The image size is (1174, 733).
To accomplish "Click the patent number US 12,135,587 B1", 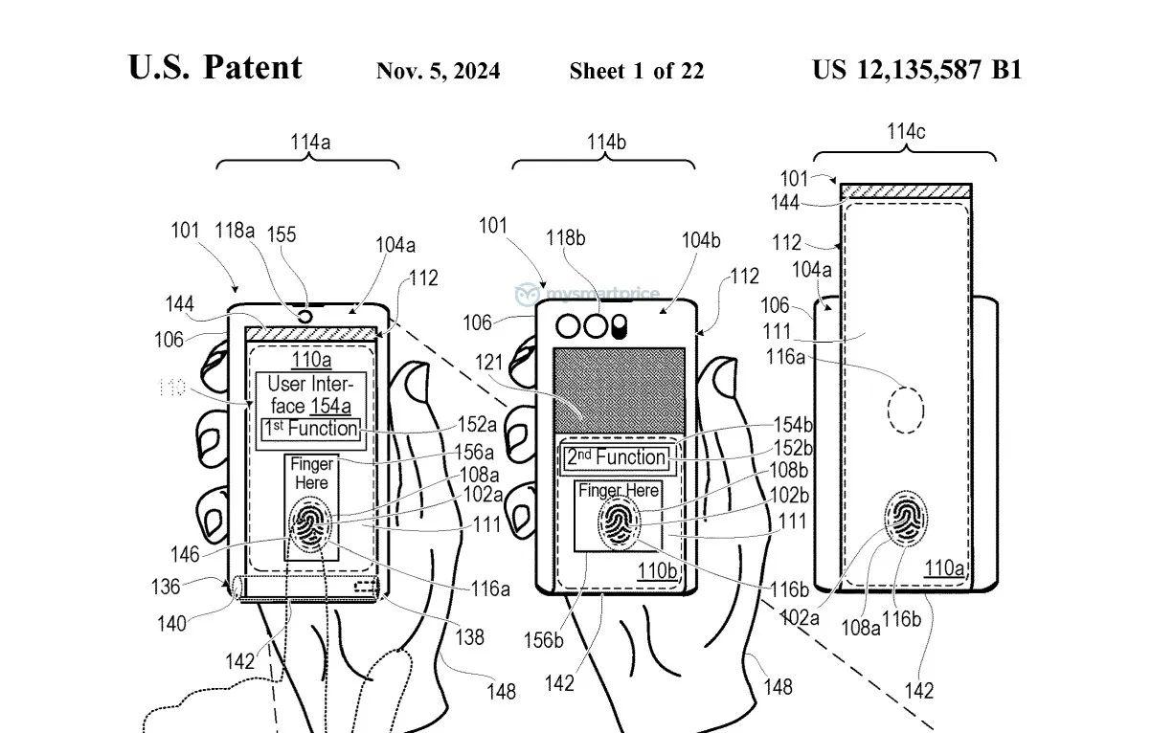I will [916, 70].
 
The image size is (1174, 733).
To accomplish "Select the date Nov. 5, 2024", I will [438, 71].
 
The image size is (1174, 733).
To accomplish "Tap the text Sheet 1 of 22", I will [636, 71].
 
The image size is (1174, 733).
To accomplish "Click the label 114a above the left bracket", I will [310, 143].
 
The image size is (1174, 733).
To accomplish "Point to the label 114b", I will [606, 143].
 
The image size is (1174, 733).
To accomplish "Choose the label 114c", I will [905, 132].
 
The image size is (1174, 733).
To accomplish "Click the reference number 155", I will [281, 234].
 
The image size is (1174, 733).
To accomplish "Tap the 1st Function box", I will [311, 429].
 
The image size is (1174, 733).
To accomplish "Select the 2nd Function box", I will [616, 457].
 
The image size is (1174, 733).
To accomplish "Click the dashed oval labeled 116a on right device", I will [905, 411].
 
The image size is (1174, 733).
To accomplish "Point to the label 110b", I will [657, 571].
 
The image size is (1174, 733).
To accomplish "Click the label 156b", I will [544, 639].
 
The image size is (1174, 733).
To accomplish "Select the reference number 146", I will [185, 554].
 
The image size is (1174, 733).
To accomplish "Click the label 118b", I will [566, 237].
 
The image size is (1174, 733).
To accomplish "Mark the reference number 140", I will [173, 624].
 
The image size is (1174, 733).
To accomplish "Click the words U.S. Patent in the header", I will [214, 67].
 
